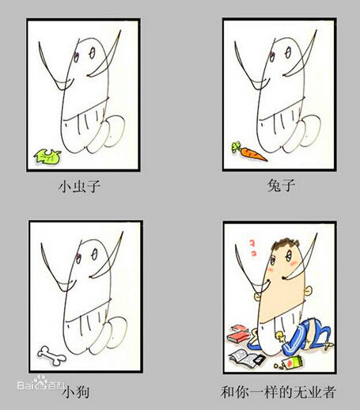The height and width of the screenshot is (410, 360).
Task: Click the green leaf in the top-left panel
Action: [47, 157]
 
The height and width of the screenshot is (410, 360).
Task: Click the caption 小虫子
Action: [81, 188]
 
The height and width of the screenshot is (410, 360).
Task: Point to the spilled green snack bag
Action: [291, 363]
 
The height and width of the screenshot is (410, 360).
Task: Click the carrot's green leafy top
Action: [236, 146]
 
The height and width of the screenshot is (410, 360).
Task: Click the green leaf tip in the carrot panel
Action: [234, 143]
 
